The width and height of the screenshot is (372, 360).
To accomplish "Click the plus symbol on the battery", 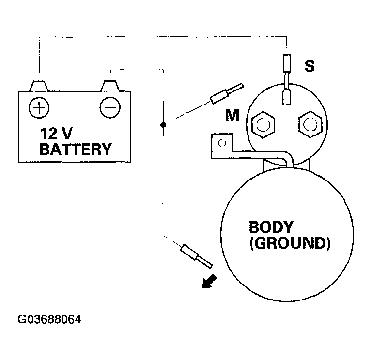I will point(37,105).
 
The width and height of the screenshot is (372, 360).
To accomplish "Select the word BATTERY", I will point(75,149).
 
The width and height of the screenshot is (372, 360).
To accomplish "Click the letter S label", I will point(309,65).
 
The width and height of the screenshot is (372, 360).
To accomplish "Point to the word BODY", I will point(271,226).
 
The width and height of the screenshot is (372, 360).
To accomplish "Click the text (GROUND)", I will point(290,242).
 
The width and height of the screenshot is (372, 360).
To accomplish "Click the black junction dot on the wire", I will point(163,125).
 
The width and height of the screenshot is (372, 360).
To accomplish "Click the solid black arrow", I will point(209,281).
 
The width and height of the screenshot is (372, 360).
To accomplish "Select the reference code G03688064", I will point(50,320).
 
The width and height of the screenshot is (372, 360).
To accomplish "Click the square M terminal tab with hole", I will point(222,143).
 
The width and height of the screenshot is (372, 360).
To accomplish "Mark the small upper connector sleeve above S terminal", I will point(287,63).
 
